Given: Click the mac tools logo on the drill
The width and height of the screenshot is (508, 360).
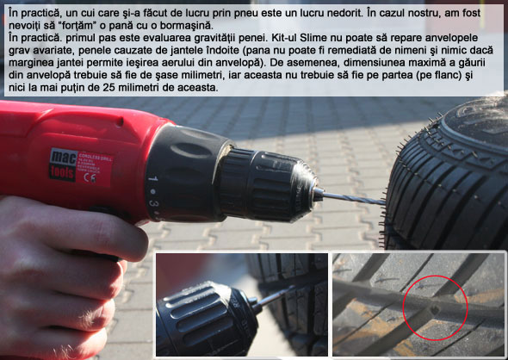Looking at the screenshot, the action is [x=63, y=164].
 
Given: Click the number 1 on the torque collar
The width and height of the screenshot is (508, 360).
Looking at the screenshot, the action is [x=153, y=178].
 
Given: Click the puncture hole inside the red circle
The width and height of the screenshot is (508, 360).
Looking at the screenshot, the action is [x=435, y=311].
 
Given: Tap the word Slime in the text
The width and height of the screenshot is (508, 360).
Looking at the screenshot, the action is [x=313, y=38].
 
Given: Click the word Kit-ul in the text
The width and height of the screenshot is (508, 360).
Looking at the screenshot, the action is [x=284, y=38].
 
